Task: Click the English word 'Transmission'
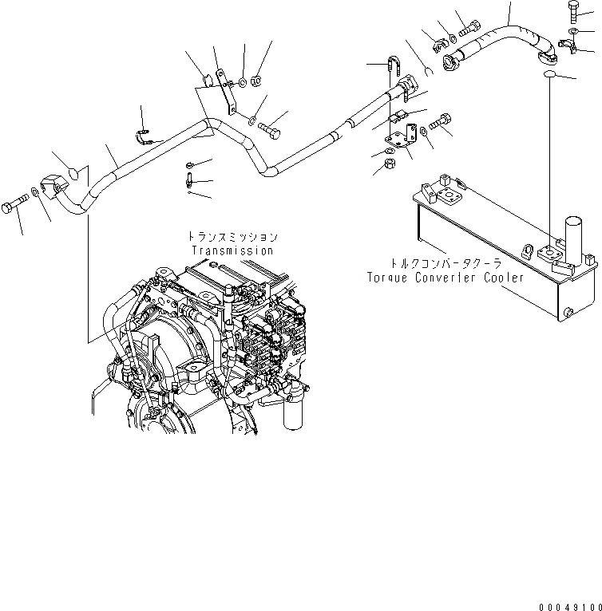tap(232, 250)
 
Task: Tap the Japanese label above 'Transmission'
tap(232, 237)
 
